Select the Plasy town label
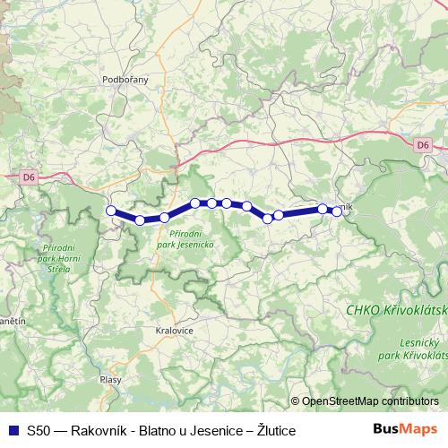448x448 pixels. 111,380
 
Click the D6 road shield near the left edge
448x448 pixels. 30,177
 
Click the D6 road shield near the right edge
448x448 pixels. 423,143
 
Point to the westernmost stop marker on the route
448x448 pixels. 111,211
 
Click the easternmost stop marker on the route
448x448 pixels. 337,211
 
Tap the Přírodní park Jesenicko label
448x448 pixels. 185,237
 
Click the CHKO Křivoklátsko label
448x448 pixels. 396,309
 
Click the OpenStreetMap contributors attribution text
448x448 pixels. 370,401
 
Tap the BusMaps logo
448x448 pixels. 411,430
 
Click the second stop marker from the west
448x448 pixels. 140,220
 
